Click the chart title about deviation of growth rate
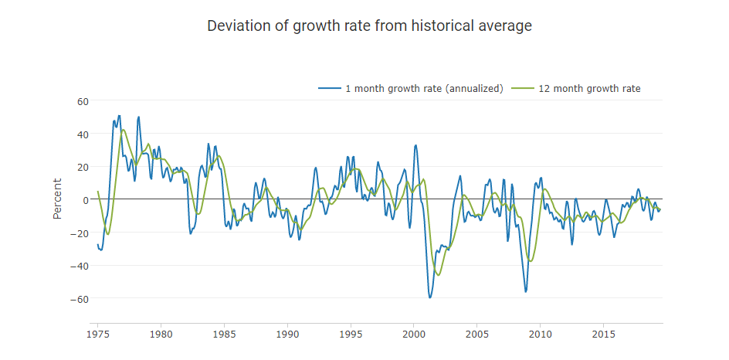[369, 26]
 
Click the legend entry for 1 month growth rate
[411, 88]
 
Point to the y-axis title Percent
[57, 199]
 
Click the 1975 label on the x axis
[98, 335]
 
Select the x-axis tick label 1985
[224, 335]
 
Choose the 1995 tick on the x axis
[351, 335]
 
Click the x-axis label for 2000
[414, 335]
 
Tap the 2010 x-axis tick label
[541, 335]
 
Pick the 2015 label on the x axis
[603, 335]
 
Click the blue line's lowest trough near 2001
[430, 297]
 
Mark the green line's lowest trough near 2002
[439, 275]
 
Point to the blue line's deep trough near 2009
[526, 291]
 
